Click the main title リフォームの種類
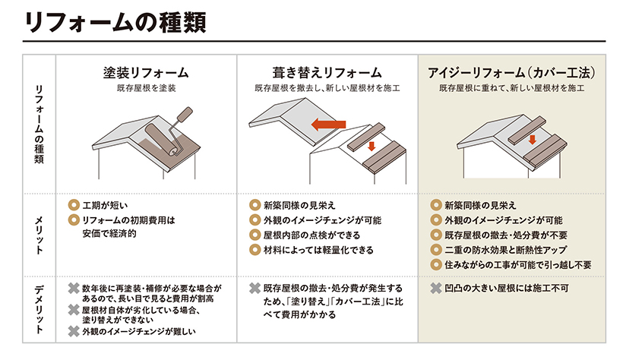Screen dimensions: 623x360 coord(115,22)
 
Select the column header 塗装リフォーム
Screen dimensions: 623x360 coord(146,73)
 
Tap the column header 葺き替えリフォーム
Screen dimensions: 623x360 coord(327,73)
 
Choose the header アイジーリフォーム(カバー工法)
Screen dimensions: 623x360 coord(512,73)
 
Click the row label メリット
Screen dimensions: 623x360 coord(39,235)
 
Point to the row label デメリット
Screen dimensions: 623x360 coord(39,309)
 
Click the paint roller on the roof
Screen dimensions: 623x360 coord(169,131)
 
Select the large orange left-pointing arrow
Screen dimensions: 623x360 coord(328,125)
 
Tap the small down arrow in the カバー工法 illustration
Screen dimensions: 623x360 coord(533,140)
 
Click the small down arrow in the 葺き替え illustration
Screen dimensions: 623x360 coord(372,147)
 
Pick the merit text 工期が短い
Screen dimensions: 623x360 coord(105,205)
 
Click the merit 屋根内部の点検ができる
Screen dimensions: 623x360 coord(311,235)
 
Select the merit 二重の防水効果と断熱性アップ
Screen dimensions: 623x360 coord(505,250)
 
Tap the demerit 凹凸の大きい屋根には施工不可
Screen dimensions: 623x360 coord(507,288)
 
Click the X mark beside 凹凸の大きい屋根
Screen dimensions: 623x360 coord(436,288)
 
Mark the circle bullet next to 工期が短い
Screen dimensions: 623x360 coord(74,205)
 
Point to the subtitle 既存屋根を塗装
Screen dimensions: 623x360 coord(146,88)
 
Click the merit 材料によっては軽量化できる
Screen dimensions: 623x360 coord(318,250)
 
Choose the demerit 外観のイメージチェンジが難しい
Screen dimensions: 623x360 coord(139,331)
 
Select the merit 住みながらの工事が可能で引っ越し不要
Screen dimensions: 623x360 coord(517,265)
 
